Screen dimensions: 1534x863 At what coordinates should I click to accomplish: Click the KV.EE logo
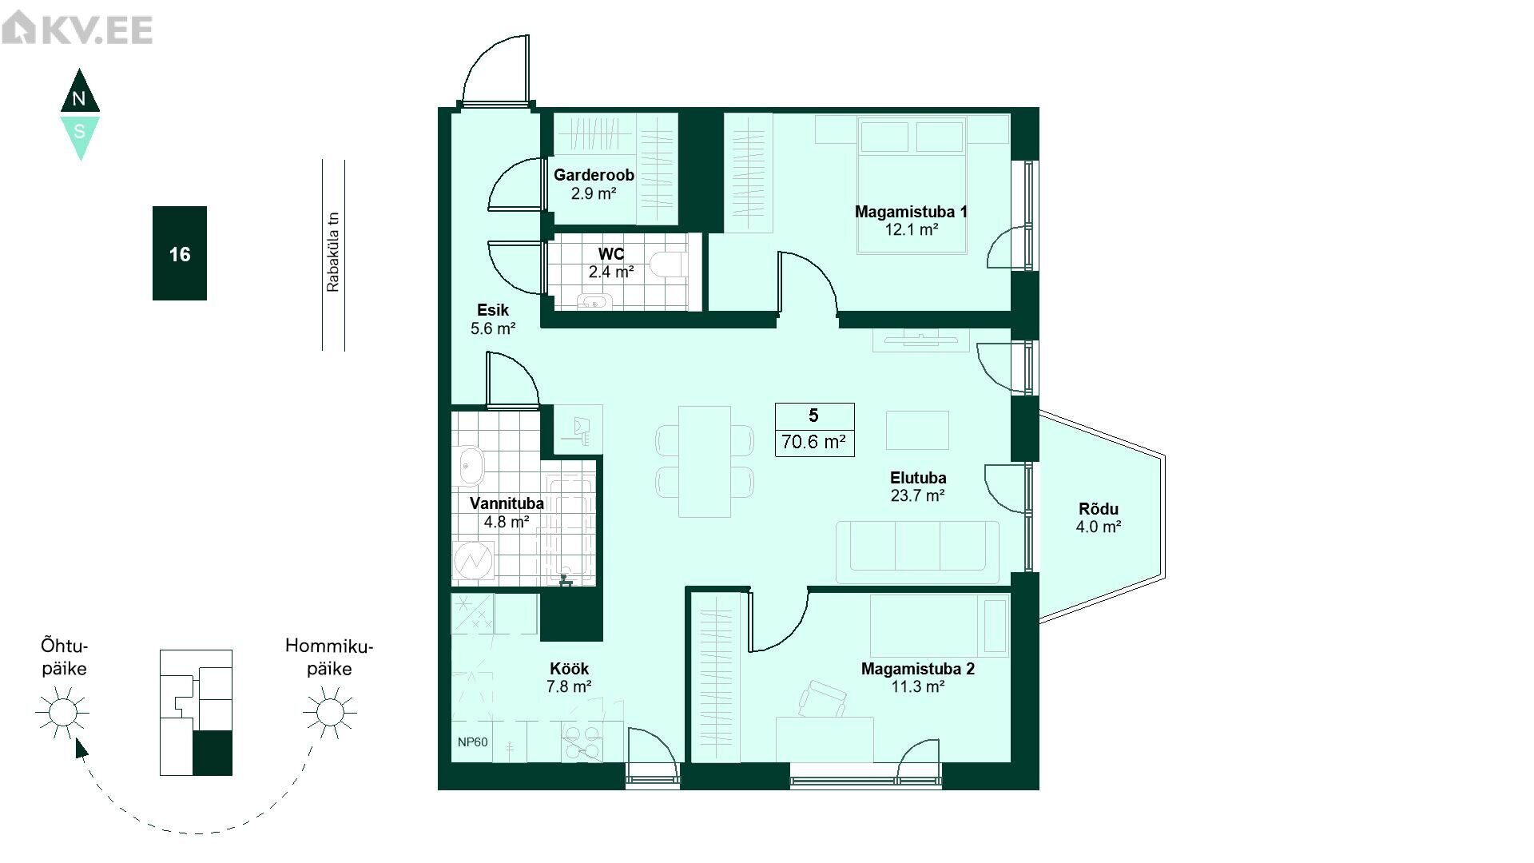click(x=77, y=30)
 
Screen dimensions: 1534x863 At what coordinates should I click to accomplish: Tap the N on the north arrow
click(x=78, y=99)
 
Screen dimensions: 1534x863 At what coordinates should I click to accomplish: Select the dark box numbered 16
click(x=180, y=253)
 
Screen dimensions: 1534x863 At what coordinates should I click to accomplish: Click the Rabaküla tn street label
click(x=333, y=251)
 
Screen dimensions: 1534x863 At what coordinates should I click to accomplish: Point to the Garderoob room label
click(x=594, y=175)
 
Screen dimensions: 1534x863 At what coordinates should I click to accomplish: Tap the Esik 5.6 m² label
click(x=493, y=319)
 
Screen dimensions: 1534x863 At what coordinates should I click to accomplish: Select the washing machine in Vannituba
click(x=474, y=560)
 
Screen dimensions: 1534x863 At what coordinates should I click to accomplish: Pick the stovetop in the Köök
click(x=582, y=742)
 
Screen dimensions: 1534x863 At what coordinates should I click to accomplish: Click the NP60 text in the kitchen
click(x=472, y=742)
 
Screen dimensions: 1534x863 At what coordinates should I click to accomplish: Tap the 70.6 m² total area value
click(x=814, y=441)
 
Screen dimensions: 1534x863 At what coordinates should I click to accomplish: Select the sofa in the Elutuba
click(x=917, y=551)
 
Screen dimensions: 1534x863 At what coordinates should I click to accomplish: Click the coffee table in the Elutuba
click(x=917, y=430)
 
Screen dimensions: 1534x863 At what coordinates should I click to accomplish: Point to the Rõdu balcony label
click(x=1099, y=509)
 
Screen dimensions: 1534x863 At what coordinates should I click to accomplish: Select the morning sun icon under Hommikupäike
click(x=329, y=712)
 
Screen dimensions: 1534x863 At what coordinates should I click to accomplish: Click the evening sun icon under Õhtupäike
click(x=62, y=712)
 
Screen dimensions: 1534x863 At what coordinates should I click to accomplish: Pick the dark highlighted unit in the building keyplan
click(x=213, y=753)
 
